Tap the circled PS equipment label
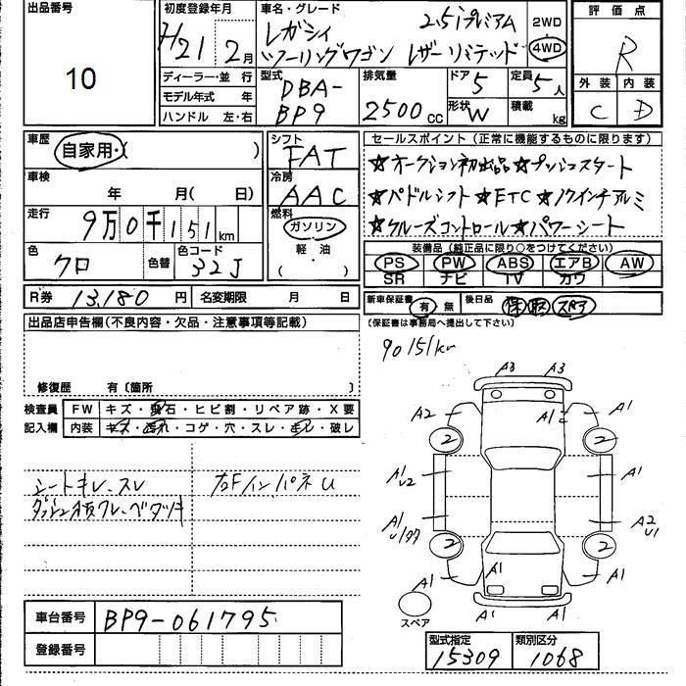tap(395, 263)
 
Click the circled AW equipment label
tap(630, 263)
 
